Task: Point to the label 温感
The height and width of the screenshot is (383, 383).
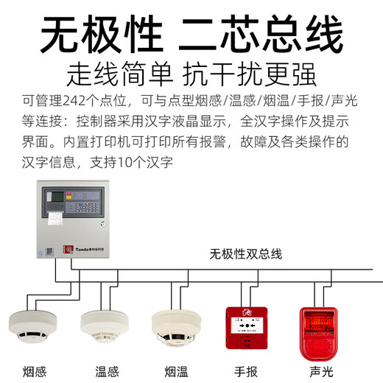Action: (x=105, y=370)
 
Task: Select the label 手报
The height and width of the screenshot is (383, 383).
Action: (x=247, y=370)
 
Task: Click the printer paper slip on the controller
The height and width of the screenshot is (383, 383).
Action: (x=56, y=219)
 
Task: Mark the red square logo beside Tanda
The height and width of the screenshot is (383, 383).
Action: (x=68, y=250)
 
